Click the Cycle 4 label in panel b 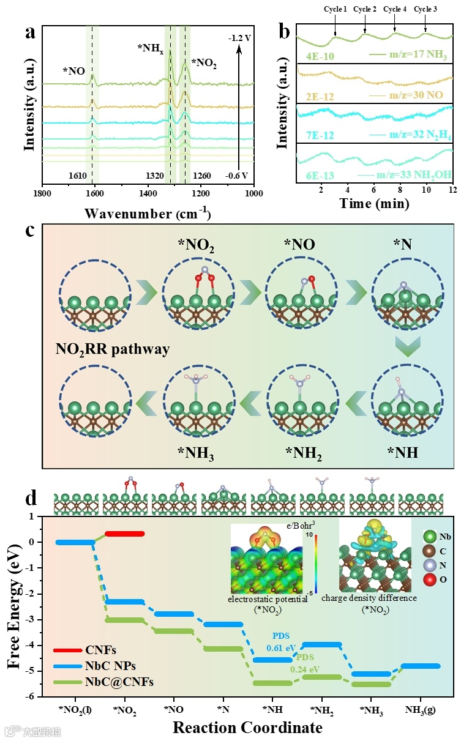pyautogui.click(x=395, y=9)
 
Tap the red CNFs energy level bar pyautogui.click(x=124, y=534)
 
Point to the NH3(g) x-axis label pyautogui.click(x=421, y=710)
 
